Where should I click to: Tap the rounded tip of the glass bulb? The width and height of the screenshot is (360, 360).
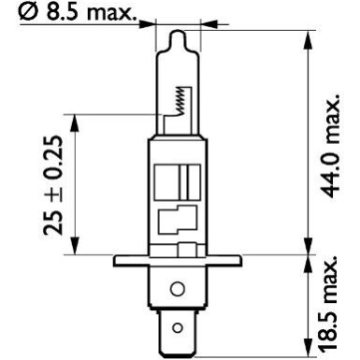[x=175, y=33]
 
